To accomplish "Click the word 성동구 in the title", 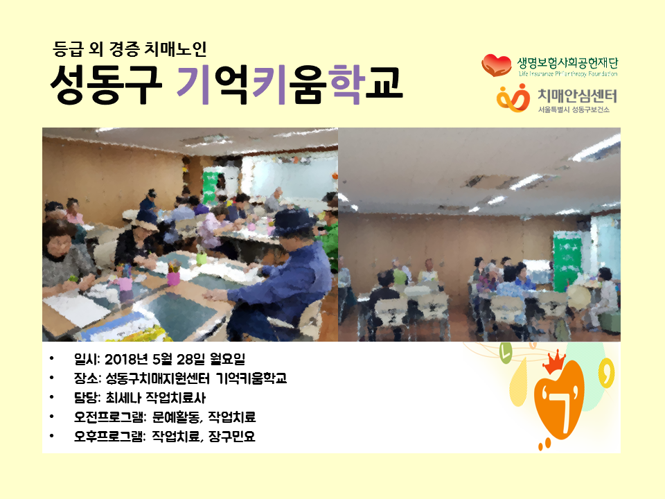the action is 106,84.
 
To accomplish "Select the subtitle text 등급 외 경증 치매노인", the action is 130,49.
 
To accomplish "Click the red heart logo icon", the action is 497,65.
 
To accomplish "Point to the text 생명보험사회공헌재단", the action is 567,63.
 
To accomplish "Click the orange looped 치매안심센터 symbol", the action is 513,98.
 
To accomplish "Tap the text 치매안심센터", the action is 577,96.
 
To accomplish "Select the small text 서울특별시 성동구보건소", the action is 574,110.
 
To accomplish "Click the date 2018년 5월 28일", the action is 154,359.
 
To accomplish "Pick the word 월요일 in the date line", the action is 227,359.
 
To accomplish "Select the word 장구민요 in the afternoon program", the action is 232,436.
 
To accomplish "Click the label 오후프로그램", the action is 109,436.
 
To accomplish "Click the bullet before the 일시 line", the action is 52,358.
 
